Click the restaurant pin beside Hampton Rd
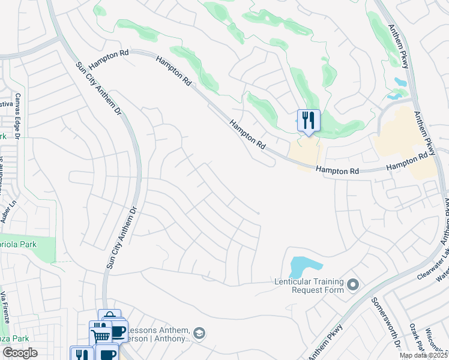coord(309,121)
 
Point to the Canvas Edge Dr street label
coord(18,113)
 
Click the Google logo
coord(20,353)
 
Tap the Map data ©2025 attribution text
coord(424,355)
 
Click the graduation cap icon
coord(200,334)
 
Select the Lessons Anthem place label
coord(159,335)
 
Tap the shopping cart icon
coord(100,334)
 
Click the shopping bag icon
coord(109,318)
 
